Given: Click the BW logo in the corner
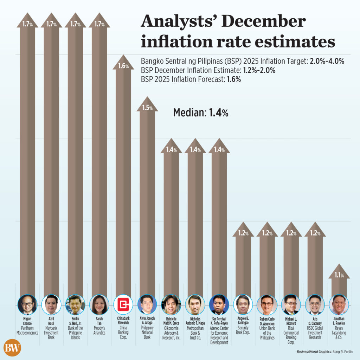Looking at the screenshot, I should pos(13,348).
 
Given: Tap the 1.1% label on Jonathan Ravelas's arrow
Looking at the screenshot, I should pos(339,275).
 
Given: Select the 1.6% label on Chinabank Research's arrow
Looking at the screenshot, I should pos(123,66).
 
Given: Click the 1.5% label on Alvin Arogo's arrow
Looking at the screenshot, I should pos(147,108).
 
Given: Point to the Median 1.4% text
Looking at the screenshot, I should pos(201,113).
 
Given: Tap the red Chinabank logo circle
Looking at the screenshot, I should pos(123,304).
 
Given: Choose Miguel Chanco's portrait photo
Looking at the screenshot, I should pos(27,304).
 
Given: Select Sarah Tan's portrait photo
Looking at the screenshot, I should pos(99,304).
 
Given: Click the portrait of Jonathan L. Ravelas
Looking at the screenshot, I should pos(339,304).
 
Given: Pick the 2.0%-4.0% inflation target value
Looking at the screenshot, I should pos(327,61).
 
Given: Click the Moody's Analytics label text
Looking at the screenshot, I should pos(99,330).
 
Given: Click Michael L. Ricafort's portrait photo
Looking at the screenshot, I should pos(291,304).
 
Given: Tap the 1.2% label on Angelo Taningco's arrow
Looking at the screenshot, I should pos(243,233).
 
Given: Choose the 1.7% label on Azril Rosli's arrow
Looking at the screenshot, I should pos(51,24).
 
